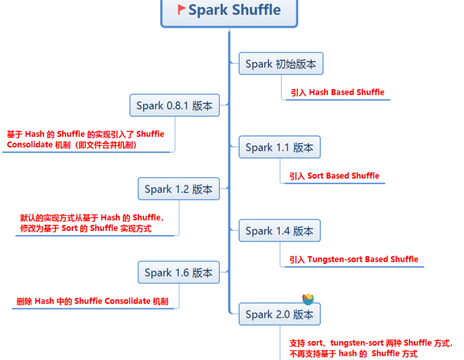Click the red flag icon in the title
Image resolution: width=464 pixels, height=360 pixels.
tap(181, 10)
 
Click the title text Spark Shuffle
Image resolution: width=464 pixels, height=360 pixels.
tap(234, 10)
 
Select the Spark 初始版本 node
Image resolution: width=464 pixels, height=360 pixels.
tap(280, 64)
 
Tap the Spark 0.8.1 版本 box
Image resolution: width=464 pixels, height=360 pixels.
tap(174, 106)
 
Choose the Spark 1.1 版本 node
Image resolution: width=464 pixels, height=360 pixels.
tap(279, 147)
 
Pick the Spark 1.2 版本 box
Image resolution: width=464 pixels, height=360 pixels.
tap(179, 189)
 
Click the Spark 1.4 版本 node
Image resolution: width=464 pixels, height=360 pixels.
tap(279, 231)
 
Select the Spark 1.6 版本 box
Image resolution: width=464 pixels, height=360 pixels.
tap(179, 273)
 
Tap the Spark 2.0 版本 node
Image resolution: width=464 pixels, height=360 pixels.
tap(279, 314)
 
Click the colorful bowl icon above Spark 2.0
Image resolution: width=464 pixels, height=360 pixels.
tap(308, 299)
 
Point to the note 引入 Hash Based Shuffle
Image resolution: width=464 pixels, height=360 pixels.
tap(337, 92)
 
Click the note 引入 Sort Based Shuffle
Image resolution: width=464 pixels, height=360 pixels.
tap(334, 176)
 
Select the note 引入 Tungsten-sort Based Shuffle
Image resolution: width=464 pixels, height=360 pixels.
tap(354, 260)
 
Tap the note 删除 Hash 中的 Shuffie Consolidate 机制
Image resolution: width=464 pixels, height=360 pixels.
tap(92, 301)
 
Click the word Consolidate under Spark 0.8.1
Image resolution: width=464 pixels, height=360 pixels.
tap(29, 145)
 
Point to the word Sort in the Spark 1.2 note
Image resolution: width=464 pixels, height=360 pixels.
tap(69, 228)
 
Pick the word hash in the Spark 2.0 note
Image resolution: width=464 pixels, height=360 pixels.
tap(347, 354)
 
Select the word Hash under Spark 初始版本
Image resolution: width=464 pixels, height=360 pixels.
tap(319, 92)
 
